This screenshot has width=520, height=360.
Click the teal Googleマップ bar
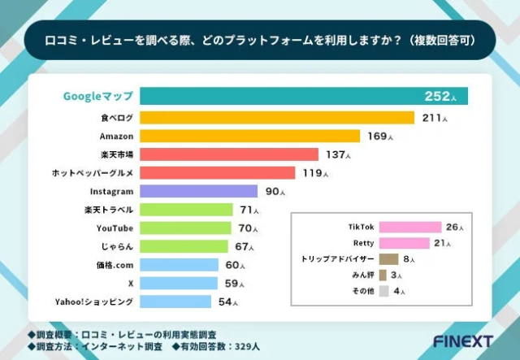[x=301, y=97]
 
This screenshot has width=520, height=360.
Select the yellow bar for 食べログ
[x=277, y=118]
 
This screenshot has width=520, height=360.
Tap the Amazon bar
[x=249, y=136]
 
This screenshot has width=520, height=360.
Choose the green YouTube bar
[x=186, y=228]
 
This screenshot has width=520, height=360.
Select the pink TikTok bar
[x=409, y=228]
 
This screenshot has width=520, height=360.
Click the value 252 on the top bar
[x=436, y=97]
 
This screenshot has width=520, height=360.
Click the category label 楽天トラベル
[x=109, y=210]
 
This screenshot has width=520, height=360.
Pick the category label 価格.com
[x=114, y=265]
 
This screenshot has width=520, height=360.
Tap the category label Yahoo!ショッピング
[x=94, y=301]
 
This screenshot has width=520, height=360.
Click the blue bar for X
[x=179, y=283]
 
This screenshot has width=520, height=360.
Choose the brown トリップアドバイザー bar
[x=388, y=259]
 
